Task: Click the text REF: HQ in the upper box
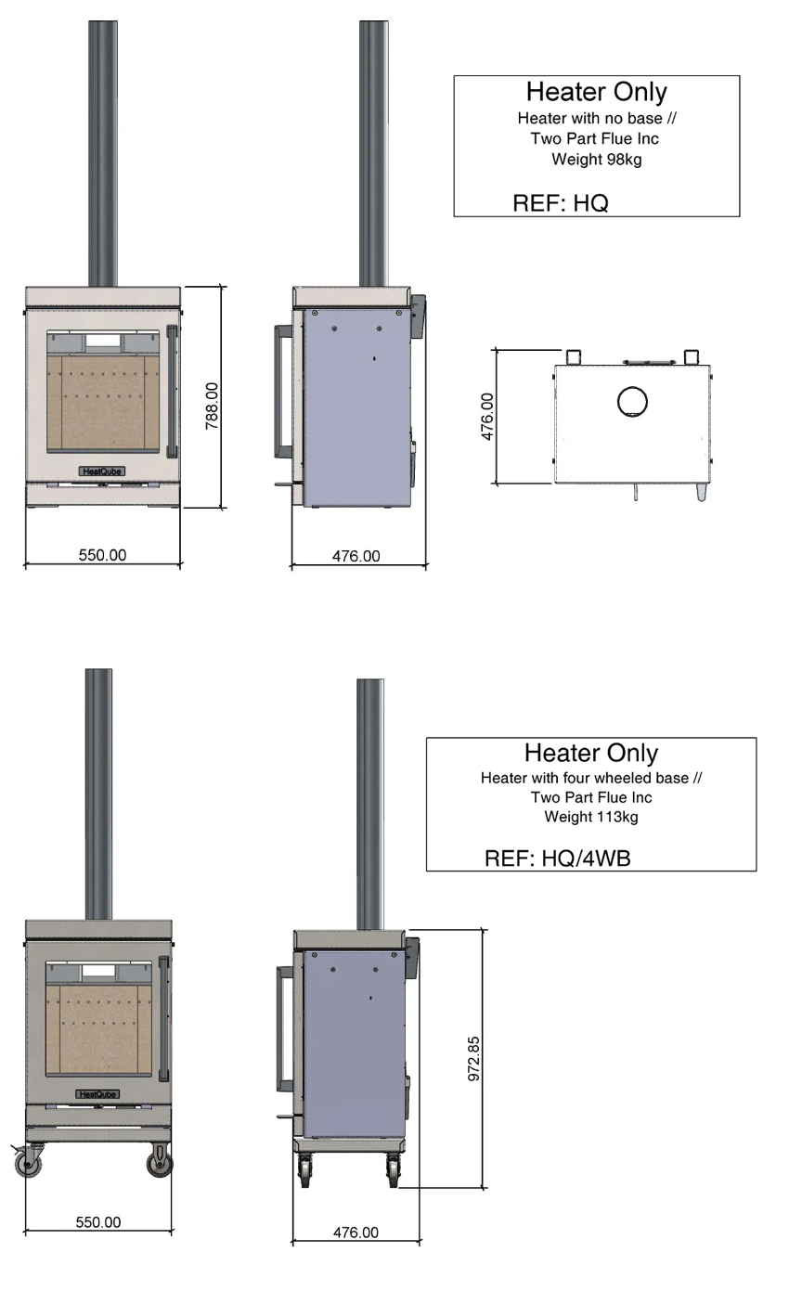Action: (x=560, y=203)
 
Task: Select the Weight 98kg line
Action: (x=596, y=159)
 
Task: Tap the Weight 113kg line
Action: (x=591, y=817)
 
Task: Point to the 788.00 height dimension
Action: (x=211, y=406)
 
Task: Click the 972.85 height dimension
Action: (x=474, y=1059)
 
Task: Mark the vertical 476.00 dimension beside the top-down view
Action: (x=487, y=416)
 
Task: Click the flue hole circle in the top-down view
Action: (x=632, y=402)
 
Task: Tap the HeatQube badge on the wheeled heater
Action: (x=97, y=1094)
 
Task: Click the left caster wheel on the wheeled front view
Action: (x=30, y=1163)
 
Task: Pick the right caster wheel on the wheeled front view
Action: (x=160, y=1162)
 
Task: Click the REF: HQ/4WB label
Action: (x=557, y=859)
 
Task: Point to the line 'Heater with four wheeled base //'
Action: (x=591, y=778)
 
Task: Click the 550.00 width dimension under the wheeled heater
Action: (x=98, y=1222)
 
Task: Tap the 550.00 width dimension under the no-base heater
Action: (x=102, y=555)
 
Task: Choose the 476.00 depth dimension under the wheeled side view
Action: (x=356, y=1233)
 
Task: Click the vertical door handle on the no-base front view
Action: (x=171, y=392)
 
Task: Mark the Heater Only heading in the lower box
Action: (x=590, y=753)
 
